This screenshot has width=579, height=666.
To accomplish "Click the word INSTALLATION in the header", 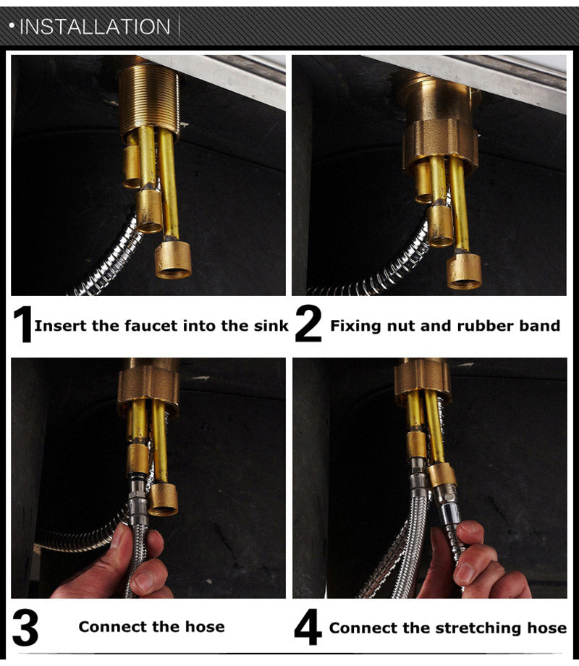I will pos(94,28).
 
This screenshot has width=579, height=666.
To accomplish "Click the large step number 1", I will pos(23,325).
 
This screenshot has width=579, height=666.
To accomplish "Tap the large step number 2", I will pos(308,325).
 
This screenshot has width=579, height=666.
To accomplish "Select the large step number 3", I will pos(25,628).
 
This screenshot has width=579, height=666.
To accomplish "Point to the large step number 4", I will pos(308,628).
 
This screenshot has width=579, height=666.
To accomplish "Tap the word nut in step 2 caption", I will pos(400,326).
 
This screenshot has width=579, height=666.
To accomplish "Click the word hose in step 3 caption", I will pos(206,627).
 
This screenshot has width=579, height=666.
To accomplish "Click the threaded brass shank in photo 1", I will pos(149,98).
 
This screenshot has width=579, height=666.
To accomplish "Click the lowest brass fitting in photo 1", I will pos(173,259).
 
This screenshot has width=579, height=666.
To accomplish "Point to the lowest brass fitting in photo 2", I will pos(464,271).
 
